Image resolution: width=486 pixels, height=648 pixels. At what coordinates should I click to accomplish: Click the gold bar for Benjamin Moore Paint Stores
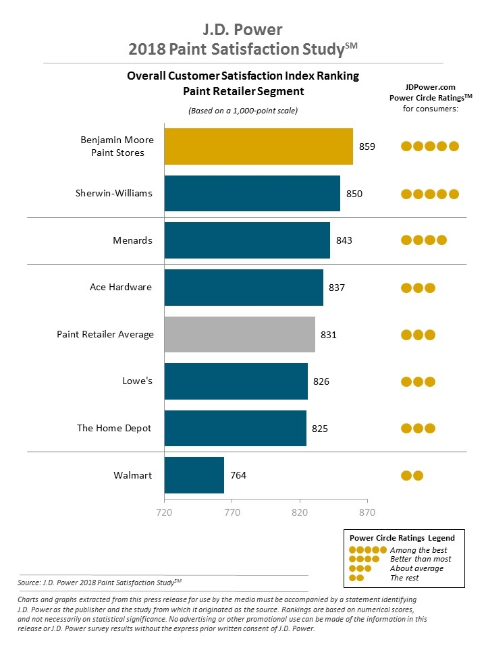(259, 146)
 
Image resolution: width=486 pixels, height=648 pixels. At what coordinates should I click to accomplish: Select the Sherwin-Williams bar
(252, 193)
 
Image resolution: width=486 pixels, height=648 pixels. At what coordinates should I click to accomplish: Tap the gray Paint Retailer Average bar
(240, 334)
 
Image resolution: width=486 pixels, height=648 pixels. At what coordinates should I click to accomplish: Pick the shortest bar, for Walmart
(194, 475)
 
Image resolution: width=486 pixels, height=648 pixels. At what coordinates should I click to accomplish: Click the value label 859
(367, 146)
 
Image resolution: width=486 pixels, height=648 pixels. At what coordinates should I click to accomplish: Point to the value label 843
(344, 240)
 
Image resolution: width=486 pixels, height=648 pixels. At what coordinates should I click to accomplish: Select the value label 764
(238, 475)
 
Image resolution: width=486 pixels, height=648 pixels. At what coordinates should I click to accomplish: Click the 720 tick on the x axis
(164, 512)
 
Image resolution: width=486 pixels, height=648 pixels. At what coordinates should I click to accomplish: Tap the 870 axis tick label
(367, 512)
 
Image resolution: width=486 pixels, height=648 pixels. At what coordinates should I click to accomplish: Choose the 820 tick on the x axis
(299, 512)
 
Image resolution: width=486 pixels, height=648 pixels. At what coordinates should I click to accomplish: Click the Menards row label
(132, 240)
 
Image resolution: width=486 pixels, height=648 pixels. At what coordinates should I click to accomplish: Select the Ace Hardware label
(121, 287)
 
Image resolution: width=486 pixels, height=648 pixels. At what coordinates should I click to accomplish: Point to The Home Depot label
(114, 428)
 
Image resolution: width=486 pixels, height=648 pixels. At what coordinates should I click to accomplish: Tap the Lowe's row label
(138, 381)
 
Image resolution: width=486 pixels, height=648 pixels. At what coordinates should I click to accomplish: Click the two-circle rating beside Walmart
(412, 475)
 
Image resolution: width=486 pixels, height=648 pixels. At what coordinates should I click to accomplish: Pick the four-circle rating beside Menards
(423, 240)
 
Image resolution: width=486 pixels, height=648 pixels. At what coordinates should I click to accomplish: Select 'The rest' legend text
(404, 577)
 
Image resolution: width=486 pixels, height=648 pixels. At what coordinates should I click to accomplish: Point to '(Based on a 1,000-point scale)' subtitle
(243, 110)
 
